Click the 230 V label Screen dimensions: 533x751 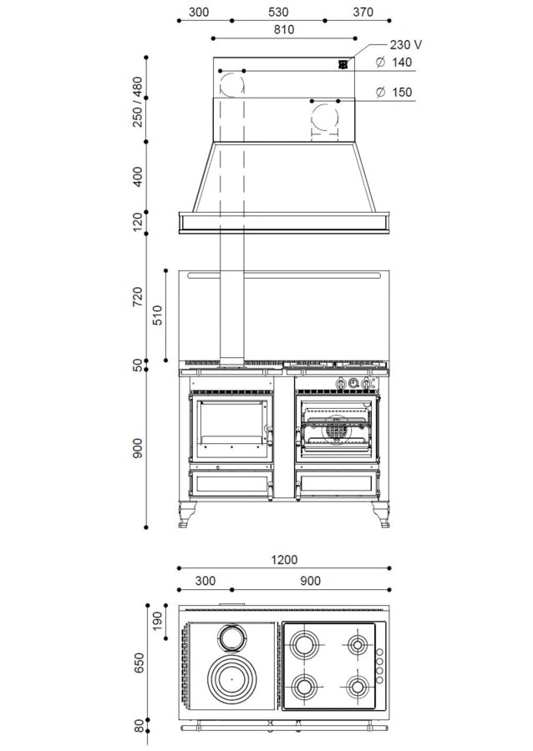pyautogui.click(x=405, y=45)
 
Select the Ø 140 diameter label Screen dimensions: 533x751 pyautogui.click(x=394, y=63)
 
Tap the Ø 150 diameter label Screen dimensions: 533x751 pyautogui.click(x=394, y=92)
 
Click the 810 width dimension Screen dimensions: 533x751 pyautogui.click(x=284, y=30)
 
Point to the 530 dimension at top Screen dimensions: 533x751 pyautogui.click(x=278, y=12)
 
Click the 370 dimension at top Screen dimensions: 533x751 pyautogui.click(x=363, y=12)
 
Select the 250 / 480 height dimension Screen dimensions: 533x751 pyautogui.click(x=138, y=102)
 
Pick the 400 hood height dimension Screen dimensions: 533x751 pyautogui.click(x=138, y=177)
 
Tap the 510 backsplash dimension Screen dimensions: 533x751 pyautogui.click(x=157, y=315)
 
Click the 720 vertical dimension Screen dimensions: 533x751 pyautogui.click(x=138, y=297)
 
